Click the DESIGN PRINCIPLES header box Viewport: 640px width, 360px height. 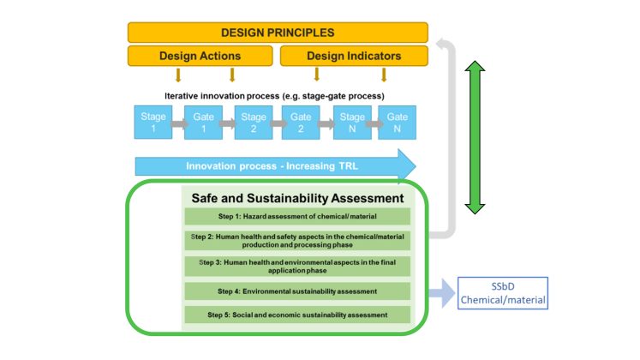277,33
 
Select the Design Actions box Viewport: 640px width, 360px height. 200,57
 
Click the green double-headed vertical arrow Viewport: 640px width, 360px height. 475,137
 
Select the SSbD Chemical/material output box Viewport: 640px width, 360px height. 502,293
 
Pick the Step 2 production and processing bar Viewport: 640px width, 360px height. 297,240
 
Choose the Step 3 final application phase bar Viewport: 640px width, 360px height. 297,266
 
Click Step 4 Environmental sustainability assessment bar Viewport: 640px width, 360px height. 297,291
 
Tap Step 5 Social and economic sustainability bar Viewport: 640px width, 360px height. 297,315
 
